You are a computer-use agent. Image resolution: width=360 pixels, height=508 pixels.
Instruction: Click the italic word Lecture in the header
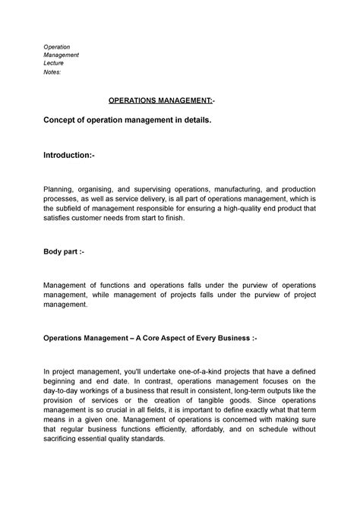pyautogui.click(x=54, y=64)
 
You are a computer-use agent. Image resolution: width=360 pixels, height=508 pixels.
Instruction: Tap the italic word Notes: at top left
pyautogui.click(x=52, y=74)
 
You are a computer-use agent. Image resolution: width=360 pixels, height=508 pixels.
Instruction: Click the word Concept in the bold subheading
pyautogui.click(x=65, y=121)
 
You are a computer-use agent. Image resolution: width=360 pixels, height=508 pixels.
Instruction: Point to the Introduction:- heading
pyautogui.click(x=70, y=156)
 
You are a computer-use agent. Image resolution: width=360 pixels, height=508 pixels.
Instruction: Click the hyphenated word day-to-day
pyautogui.click(x=66, y=394)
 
